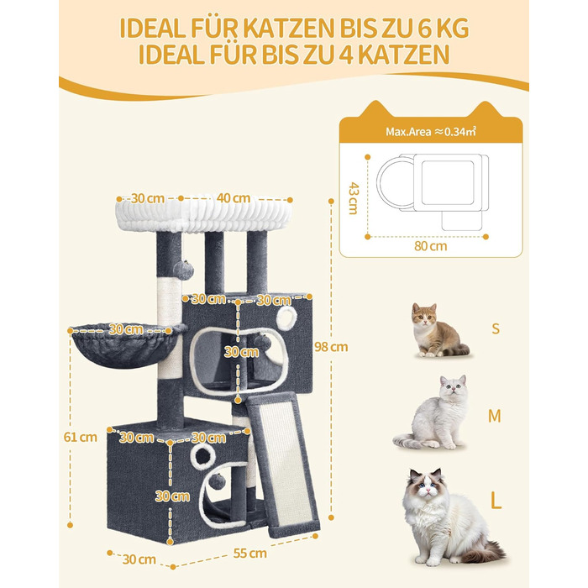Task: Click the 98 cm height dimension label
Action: pyautogui.click(x=331, y=347)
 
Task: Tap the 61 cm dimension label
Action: pyautogui.click(x=81, y=437)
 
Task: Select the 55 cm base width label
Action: pyautogui.click(x=249, y=553)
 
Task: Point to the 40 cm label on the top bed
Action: pyautogui.click(x=234, y=198)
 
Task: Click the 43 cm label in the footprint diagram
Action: pyautogui.click(x=354, y=198)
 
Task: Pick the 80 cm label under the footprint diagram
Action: pyautogui.click(x=430, y=246)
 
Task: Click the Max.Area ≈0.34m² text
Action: pyautogui.click(x=431, y=132)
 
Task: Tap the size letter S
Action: pyautogui.click(x=496, y=328)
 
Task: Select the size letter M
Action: pyautogui.click(x=494, y=416)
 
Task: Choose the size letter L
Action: pyautogui.click(x=496, y=500)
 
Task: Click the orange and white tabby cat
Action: pyautogui.click(x=437, y=330)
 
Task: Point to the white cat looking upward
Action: pyautogui.click(x=431, y=412)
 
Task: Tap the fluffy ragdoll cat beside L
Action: pyautogui.click(x=450, y=517)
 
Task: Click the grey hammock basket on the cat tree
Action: pyautogui.click(x=128, y=345)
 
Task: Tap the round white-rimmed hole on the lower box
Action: pyautogui.click(x=202, y=456)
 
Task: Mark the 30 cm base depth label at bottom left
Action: pyautogui.click(x=139, y=559)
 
